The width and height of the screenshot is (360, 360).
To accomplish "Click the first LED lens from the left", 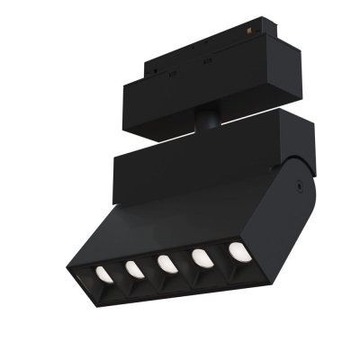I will (103, 273).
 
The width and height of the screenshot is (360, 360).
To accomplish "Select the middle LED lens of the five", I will (166, 263).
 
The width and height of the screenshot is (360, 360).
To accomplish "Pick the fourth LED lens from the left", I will (201, 256).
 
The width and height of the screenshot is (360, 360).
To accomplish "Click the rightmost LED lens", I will (236, 250).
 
